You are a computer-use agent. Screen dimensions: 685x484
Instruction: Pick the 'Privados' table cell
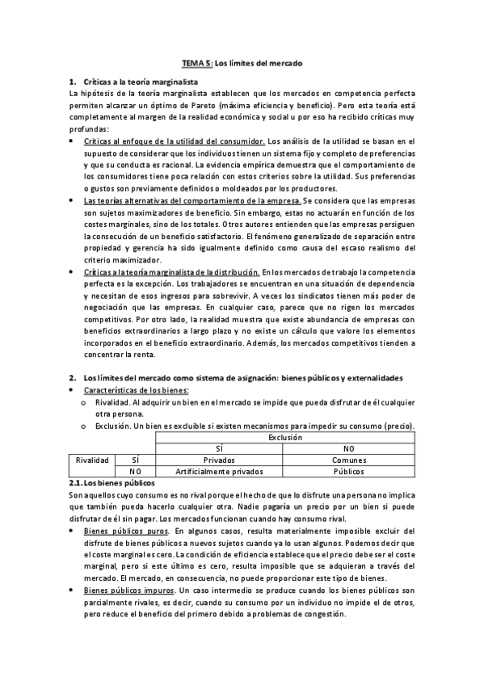point(218,460)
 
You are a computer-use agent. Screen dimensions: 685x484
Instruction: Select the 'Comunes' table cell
point(348,460)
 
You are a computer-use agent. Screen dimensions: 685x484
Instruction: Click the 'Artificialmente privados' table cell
point(218,471)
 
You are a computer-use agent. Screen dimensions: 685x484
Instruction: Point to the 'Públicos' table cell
point(348,471)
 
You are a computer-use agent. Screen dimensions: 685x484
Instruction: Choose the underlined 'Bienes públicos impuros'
point(130,590)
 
